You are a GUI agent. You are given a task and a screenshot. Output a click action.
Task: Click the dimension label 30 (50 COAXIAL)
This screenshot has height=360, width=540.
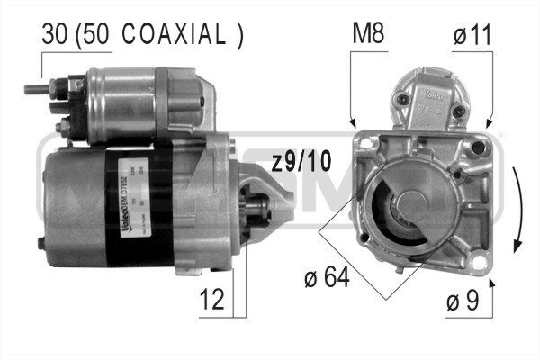tap(142, 35)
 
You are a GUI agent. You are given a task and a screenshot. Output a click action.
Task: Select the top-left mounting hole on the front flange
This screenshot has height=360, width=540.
tap(367, 142)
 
